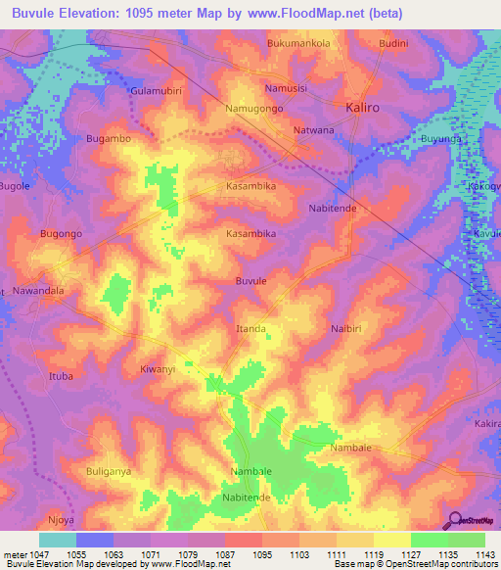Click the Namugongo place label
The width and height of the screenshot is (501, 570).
[x=254, y=109]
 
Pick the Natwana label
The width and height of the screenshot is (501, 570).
[x=313, y=129]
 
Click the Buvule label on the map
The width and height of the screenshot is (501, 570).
[x=251, y=281]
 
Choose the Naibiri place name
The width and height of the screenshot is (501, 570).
[x=348, y=328]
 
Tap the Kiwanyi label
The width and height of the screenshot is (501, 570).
[x=158, y=369]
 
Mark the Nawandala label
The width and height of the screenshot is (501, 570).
[x=38, y=291]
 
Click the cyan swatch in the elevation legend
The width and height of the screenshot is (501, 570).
[x=57, y=540]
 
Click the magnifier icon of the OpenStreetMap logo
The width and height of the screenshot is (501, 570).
[x=452, y=520]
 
